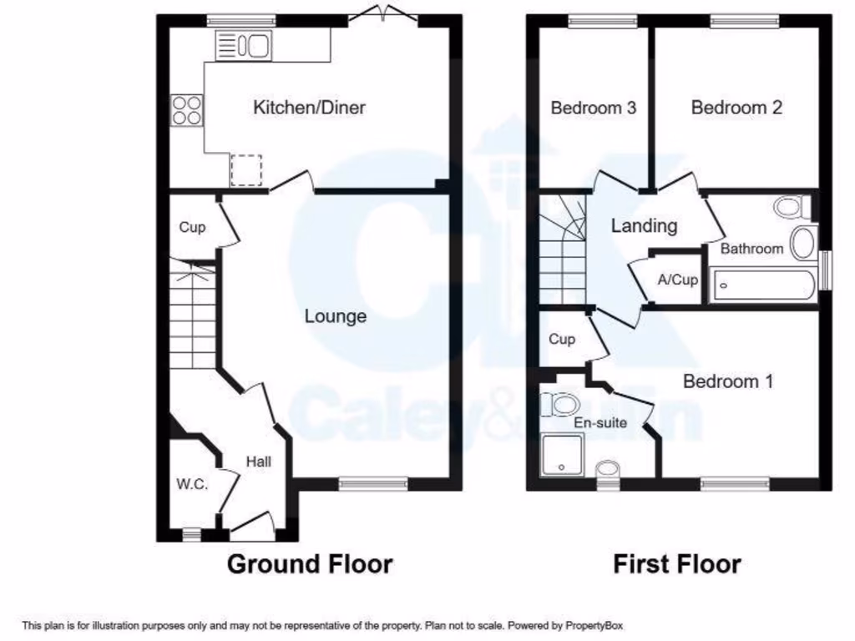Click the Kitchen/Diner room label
tap(309, 108)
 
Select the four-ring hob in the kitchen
tap(186, 110)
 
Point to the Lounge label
tap(335, 316)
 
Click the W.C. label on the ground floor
tap(191, 484)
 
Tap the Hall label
tap(258, 461)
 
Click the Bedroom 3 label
tap(594, 108)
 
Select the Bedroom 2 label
tap(736, 108)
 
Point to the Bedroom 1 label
tap(728, 381)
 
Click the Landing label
tap(644, 225)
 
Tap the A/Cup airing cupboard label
tap(677, 280)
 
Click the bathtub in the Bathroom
tap(762, 285)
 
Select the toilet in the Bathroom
tap(790, 206)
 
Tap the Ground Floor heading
tap(310, 563)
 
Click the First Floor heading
tap(676, 563)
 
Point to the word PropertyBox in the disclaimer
tap(594, 625)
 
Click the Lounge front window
tap(373, 483)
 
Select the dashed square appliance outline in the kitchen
tap(246, 170)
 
